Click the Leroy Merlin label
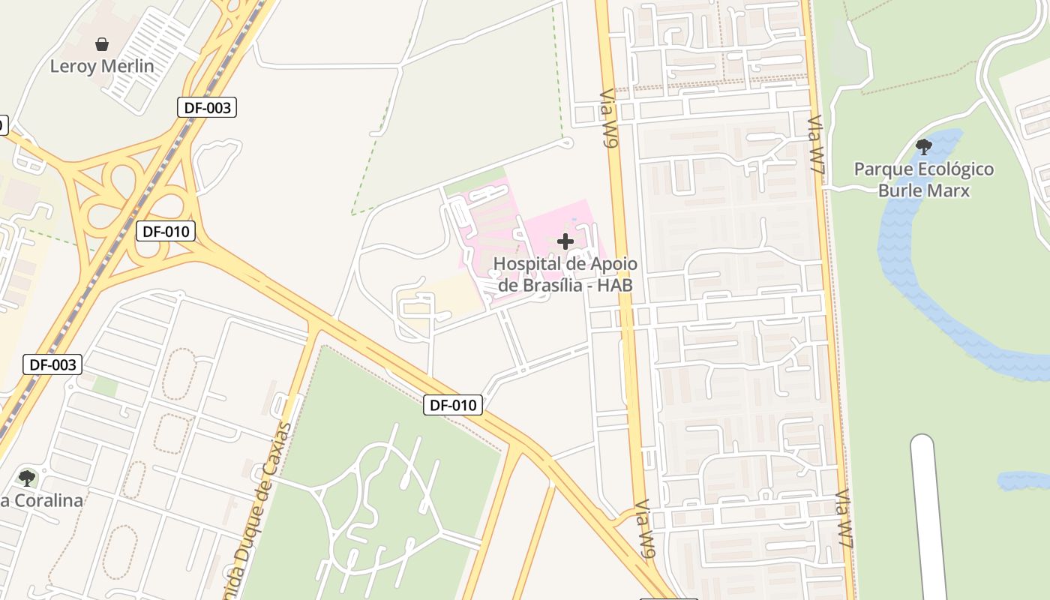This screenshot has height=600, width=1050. (x=102, y=66)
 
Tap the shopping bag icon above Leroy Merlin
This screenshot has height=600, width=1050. (x=102, y=44)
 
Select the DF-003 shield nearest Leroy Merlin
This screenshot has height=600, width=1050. (x=208, y=107)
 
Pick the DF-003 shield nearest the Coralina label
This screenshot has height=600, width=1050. (x=52, y=365)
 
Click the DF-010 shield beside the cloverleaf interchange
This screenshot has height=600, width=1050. (x=166, y=231)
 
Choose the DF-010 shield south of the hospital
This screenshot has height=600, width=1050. (x=453, y=405)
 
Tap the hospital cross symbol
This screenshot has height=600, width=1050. (x=565, y=241)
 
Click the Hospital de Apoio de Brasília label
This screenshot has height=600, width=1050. (x=565, y=274)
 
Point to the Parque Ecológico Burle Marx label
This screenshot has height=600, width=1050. (x=924, y=179)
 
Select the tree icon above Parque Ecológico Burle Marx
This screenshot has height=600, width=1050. (x=924, y=146)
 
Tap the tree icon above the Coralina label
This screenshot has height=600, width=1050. (x=27, y=478)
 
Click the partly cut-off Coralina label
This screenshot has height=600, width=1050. (x=41, y=500)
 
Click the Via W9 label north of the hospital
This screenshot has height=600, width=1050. (x=609, y=120)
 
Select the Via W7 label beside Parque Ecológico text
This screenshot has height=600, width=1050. (x=817, y=146)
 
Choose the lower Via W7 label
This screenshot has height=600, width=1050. (x=844, y=522)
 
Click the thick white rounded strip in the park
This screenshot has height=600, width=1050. (x=928, y=517)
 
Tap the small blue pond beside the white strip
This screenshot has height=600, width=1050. (x=1024, y=481)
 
